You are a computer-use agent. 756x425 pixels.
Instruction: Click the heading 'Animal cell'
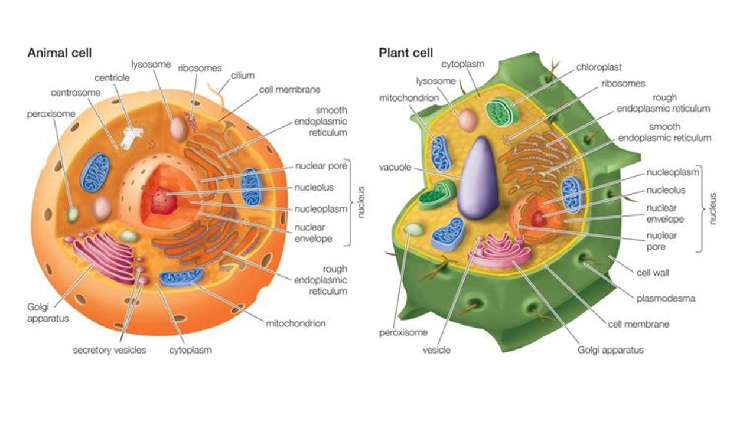59,53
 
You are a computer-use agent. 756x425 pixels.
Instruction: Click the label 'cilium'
243,76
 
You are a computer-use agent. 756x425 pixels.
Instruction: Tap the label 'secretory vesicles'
109,350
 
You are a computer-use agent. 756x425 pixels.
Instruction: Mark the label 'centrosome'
76,93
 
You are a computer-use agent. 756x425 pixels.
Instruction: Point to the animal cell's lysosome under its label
178,128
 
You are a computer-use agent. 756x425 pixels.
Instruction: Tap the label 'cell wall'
653,273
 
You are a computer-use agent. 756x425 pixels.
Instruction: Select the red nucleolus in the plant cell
538,219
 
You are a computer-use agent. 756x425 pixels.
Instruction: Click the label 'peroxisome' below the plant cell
403,332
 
